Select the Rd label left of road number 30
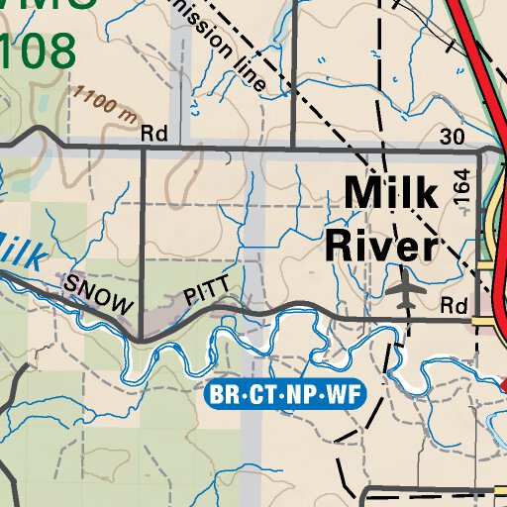pyautogui.click(x=154, y=132)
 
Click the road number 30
pyautogui.click(x=452, y=136)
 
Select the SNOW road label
pyautogui.click(x=98, y=295)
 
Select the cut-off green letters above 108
pyautogui.click(x=50, y=5)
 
